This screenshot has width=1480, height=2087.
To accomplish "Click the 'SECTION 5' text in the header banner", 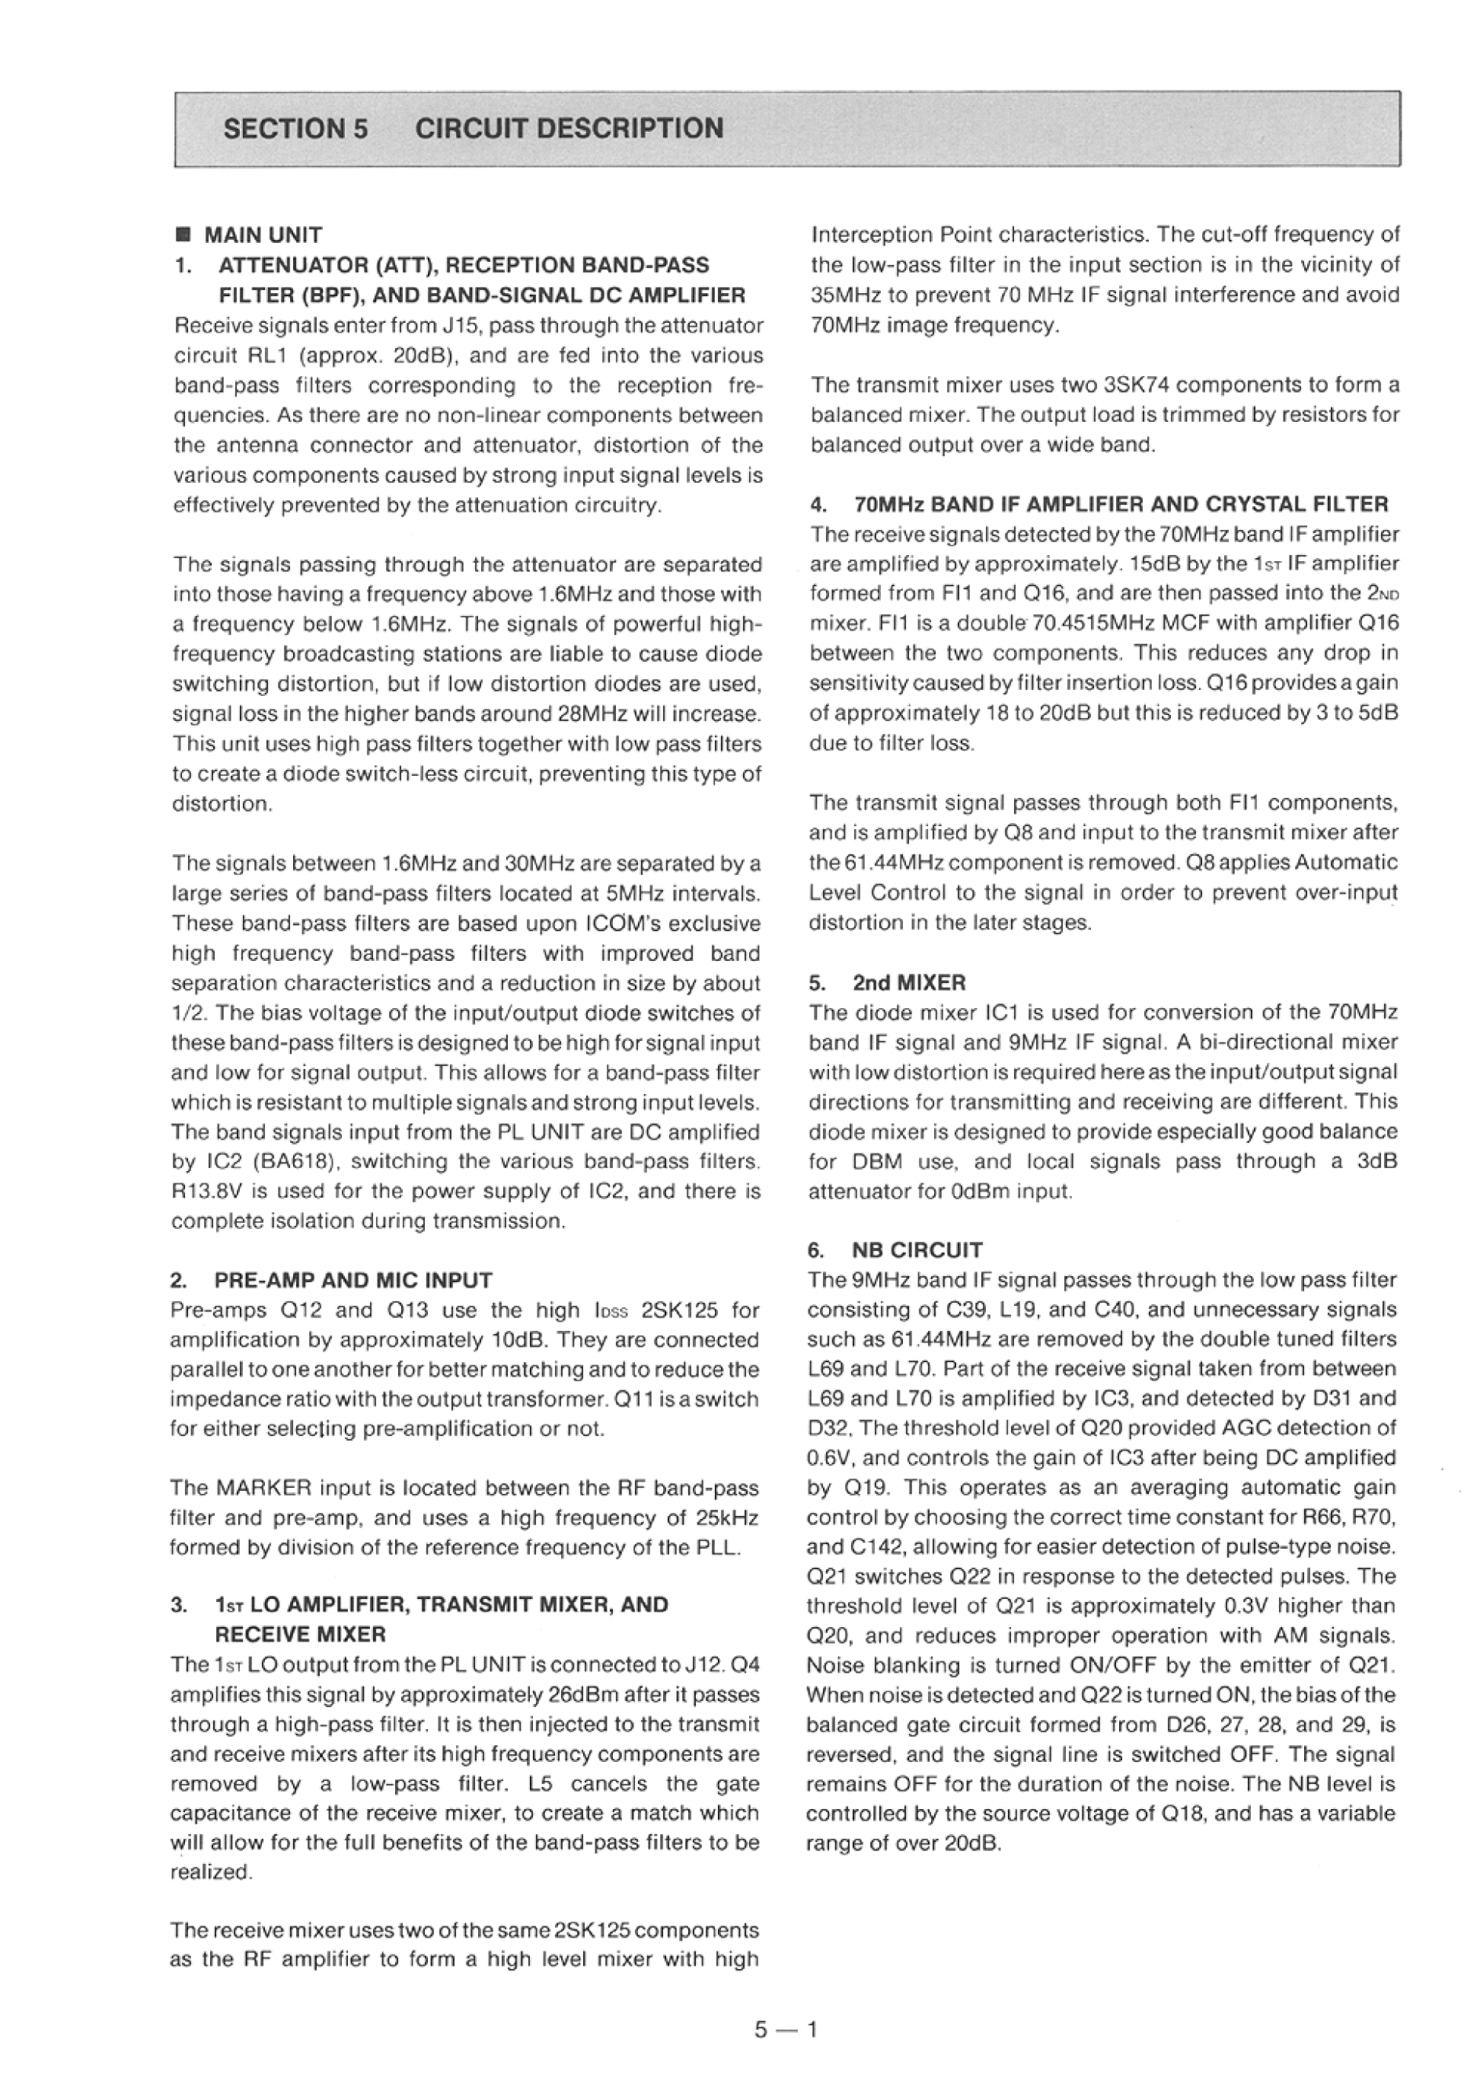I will (x=295, y=129).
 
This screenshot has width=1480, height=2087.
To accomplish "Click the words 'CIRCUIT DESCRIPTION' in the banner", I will (x=569, y=129).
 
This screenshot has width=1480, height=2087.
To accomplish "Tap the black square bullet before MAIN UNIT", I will (x=182, y=235).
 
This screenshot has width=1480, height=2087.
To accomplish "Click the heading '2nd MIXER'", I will (x=908, y=982).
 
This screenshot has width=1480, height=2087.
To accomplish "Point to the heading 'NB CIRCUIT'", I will (x=917, y=1249).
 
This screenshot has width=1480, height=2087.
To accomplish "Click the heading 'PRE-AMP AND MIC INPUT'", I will (x=352, y=1280).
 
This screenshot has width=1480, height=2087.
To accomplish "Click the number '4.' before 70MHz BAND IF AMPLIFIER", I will (x=818, y=504).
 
